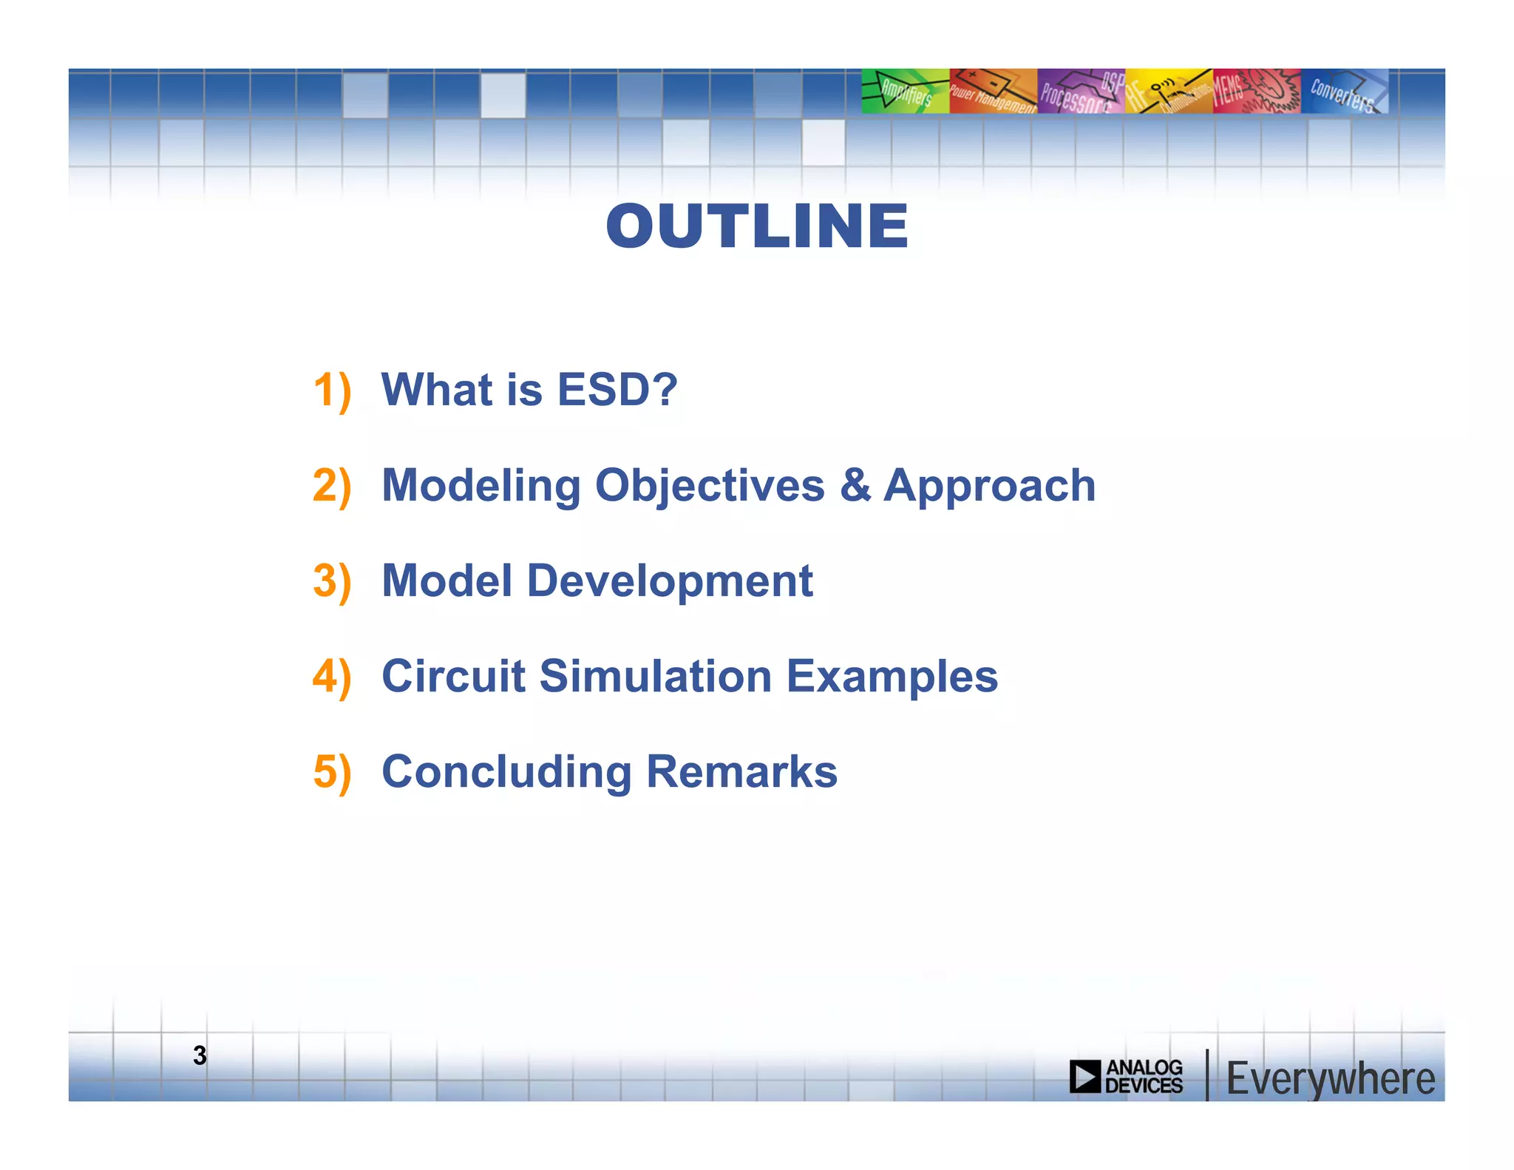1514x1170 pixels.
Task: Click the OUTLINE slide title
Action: pos(757,226)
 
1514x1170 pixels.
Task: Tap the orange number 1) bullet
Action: pos(331,390)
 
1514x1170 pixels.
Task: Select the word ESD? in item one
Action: pos(617,390)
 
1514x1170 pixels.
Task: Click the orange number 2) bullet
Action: pos(331,486)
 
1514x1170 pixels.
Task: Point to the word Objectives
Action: pos(710,487)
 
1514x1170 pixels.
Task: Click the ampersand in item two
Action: pos(855,486)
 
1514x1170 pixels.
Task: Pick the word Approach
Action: pos(989,487)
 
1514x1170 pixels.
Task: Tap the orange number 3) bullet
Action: pos(331,581)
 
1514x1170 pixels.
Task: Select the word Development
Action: pos(670,581)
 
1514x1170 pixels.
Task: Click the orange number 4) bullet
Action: pos(331,677)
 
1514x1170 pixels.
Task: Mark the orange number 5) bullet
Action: pos(331,772)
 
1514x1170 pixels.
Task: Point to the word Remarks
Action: pos(741,772)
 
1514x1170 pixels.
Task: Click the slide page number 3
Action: pos(200,1055)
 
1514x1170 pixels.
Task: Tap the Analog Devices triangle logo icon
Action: pos(1085,1076)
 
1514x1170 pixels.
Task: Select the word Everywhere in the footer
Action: pos(1330,1079)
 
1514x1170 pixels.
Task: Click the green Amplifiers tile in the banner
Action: pos(905,91)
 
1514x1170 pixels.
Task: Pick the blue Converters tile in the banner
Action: pos(1343,91)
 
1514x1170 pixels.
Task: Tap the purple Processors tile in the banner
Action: pos(1080,91)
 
